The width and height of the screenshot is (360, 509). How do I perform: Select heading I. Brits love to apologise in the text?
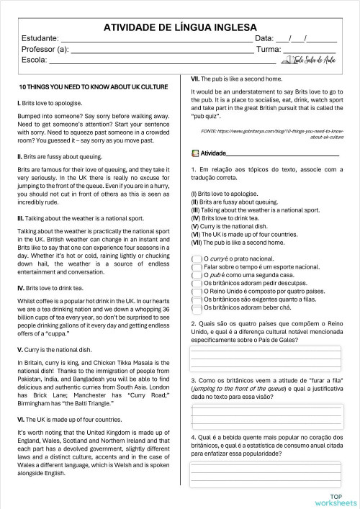(46, 104)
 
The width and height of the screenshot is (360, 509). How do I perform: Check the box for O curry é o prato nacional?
(197, 258)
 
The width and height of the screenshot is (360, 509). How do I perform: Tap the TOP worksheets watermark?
(336, 499)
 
